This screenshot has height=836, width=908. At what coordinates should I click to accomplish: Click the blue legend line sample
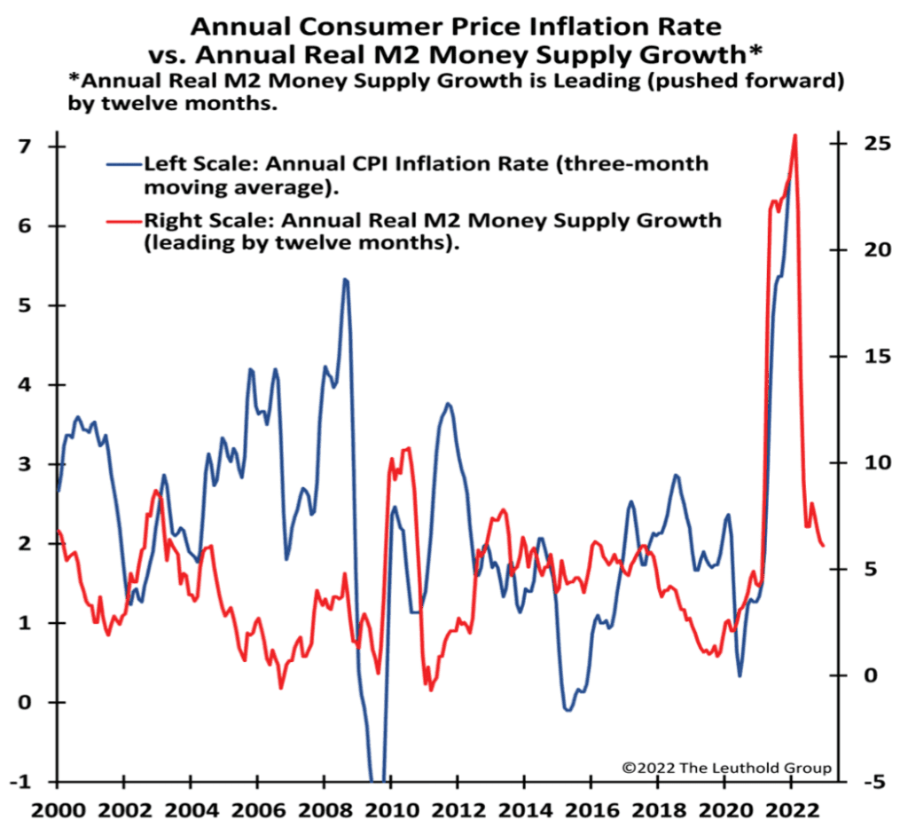point(122,165)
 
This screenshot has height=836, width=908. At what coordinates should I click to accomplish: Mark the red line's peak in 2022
point(794,135)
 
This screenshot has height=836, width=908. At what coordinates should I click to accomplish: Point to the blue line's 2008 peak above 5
point(345,280)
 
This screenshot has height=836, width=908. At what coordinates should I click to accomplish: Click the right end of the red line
point(823,545)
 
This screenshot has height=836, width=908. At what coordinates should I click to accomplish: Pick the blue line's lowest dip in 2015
point(567,710)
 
